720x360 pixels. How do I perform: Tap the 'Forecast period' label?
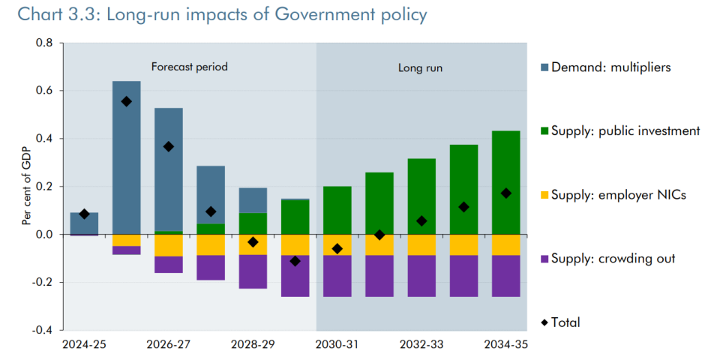click(189, 67)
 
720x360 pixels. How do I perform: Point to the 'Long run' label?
click(420, 67)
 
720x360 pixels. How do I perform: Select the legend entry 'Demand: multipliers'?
click(610, 67)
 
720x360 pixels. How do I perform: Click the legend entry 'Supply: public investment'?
click(625, 131)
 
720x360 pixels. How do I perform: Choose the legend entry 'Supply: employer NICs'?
click(618, 195)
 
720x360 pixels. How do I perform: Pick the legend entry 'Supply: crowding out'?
click(613, 259)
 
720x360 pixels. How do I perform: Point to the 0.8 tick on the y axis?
click(44, 43)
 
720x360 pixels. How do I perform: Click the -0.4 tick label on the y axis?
click(43, 330)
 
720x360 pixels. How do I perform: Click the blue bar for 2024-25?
click(84, 223)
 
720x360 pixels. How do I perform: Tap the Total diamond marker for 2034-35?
click(505, 193)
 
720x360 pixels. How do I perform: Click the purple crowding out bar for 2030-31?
click(337, 276)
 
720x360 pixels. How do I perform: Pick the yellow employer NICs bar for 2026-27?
click(169, 245)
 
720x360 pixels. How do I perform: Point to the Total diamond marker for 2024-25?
click(84, 214)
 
